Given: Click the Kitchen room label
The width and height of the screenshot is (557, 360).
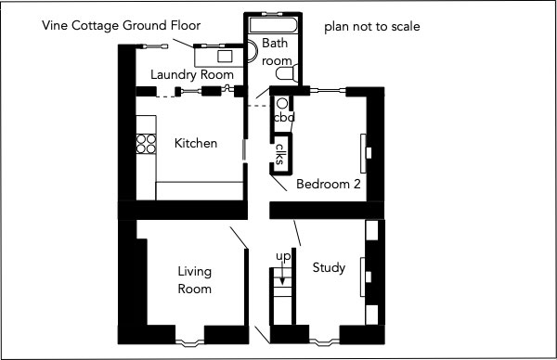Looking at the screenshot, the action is (196, 143).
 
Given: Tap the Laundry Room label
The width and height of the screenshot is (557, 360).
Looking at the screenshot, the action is (192, 75).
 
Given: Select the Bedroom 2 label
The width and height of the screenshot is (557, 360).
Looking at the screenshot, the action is (329, 184).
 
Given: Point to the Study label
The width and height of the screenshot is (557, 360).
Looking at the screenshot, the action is (329, 267).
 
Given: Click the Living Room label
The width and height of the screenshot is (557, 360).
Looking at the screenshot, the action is (194, 280).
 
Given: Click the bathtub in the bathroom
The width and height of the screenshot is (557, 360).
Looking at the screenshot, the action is (273, 25).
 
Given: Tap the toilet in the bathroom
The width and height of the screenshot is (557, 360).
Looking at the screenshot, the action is (285, 73).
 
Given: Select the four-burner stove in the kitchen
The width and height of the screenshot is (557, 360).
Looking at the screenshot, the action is (146, 144).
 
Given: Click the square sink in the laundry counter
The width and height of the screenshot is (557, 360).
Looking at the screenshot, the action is (225, 56).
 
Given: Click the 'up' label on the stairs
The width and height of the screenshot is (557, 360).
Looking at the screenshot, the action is (283, 256).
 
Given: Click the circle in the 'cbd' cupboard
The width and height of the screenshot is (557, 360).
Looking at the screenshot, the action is (282, 104).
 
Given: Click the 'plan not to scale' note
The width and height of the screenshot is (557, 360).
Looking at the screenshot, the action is (372, 27).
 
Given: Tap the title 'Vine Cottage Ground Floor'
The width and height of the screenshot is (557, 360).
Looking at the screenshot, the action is (121, 26).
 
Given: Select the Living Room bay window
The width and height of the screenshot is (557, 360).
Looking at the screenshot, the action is (189, 342).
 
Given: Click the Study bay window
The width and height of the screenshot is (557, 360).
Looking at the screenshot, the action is (324, 341).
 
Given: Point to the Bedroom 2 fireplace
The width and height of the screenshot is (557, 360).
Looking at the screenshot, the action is (366, 153).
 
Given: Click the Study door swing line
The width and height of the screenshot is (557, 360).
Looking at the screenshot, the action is (297, 233).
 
